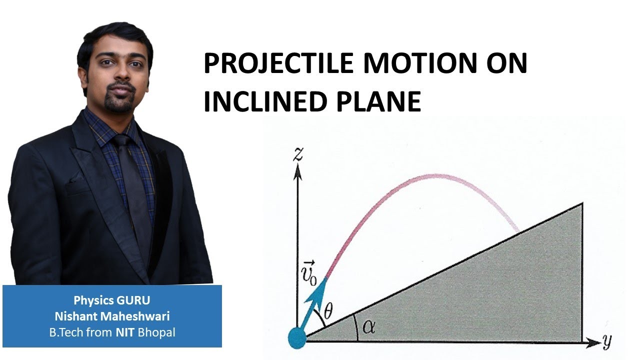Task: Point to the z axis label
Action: tap(298, 154)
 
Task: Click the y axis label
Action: tap(607, 341)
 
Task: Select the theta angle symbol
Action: tap(328, 311)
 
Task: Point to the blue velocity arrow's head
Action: tap(322, 285)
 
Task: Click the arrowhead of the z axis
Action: tap(298, 171)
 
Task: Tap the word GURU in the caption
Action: tap(133, 301)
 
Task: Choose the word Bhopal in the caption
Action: tap(157, 332)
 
